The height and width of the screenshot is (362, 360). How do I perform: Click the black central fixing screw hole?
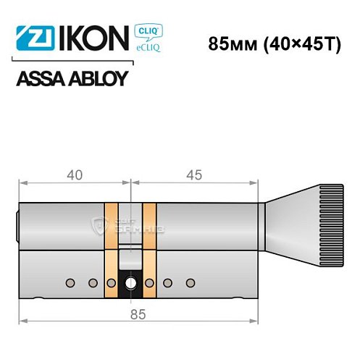point(131,283)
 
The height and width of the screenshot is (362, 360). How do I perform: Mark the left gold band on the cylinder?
point(112,250)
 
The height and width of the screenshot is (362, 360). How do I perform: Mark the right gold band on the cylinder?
point(150,250)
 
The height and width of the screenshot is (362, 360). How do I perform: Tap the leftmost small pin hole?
point(71,282)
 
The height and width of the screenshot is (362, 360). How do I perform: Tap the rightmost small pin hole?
point(190,282)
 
